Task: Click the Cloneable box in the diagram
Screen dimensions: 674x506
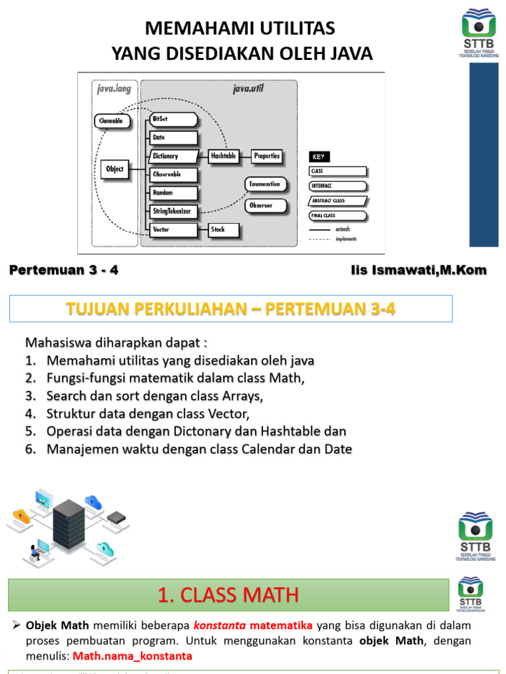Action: tap(109, 121)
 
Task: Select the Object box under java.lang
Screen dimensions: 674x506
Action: tap(115, 169)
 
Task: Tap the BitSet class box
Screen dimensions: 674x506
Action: tap(173, 119)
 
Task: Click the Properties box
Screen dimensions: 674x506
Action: tap(267, 156)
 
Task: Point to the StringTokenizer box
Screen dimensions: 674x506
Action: tap(173, 211)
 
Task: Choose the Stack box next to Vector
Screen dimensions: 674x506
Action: tap(224, 230)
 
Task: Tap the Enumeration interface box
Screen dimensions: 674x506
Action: tap(266, 184)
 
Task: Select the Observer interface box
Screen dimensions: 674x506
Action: tap(266, 206)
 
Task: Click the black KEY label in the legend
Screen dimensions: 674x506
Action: tap(319, 157)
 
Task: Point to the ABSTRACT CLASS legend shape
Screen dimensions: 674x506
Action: tap(338, 201)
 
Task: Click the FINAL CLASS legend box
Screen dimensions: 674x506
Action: tap(337, 215)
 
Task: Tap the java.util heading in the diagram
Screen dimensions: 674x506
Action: tap(248, 89)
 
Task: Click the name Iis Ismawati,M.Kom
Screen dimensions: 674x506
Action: tap(419, 271)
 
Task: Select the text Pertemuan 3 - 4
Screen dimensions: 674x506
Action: tap(65, 271)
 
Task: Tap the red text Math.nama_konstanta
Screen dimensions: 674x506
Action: tap(132, 656)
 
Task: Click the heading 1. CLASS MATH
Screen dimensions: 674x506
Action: tap(228, 596)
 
